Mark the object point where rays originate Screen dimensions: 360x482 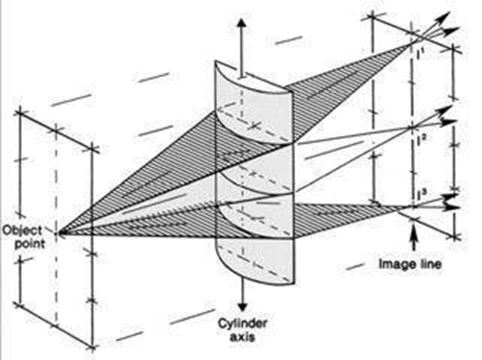[60, 231]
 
